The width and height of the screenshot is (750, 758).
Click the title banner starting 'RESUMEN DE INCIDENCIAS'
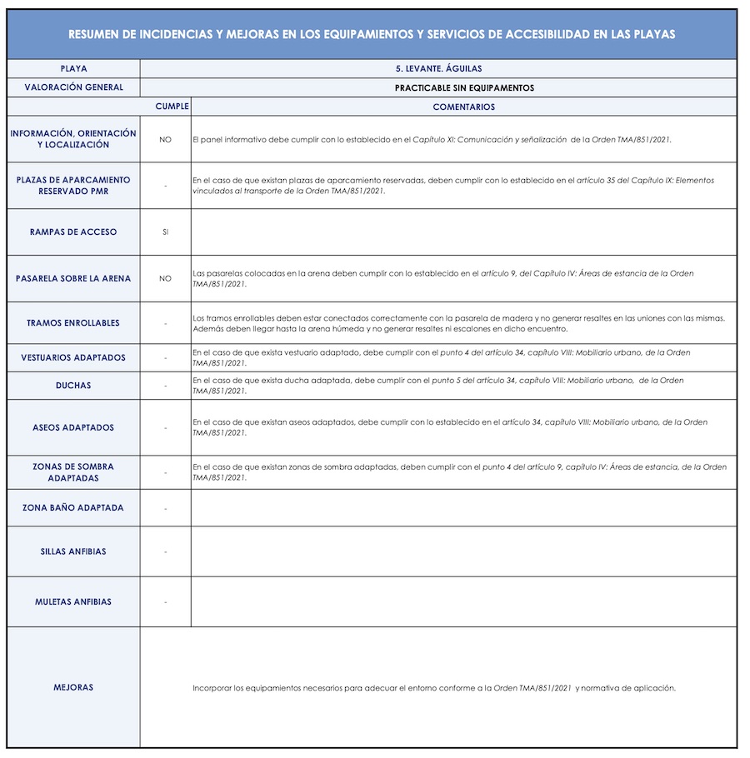pos(372,34)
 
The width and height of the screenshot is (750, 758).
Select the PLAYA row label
pos(73,68)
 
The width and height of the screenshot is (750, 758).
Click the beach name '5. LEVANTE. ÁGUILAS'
pos(438,68)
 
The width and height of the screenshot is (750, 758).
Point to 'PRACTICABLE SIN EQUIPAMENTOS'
pos(464,87)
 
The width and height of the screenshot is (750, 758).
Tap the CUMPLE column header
pos(172,107)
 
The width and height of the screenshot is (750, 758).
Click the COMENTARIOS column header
pos(463,107)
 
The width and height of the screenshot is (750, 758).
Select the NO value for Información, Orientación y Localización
pos(165,139)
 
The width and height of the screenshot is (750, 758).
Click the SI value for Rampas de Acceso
pos(165,232)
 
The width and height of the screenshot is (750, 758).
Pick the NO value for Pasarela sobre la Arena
pos(165,279)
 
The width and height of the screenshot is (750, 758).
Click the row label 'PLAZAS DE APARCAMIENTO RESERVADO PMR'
pos(73,186)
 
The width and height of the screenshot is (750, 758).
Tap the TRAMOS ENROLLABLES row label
pos(73,323)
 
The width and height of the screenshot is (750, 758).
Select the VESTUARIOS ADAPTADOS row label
pos(73,358)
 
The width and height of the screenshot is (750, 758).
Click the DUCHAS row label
pos(73,386)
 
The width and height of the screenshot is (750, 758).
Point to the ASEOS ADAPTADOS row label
pos(73,427)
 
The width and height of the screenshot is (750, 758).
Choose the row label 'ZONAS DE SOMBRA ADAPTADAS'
pos(73,472)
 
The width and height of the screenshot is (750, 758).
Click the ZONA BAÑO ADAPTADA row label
pos(73,507)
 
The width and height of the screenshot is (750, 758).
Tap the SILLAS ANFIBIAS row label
pos(73,551)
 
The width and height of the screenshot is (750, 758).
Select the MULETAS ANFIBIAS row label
pos(73,601)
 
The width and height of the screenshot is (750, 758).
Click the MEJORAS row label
pos(73,687)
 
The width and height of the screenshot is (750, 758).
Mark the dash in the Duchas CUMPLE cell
pos(165,386)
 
